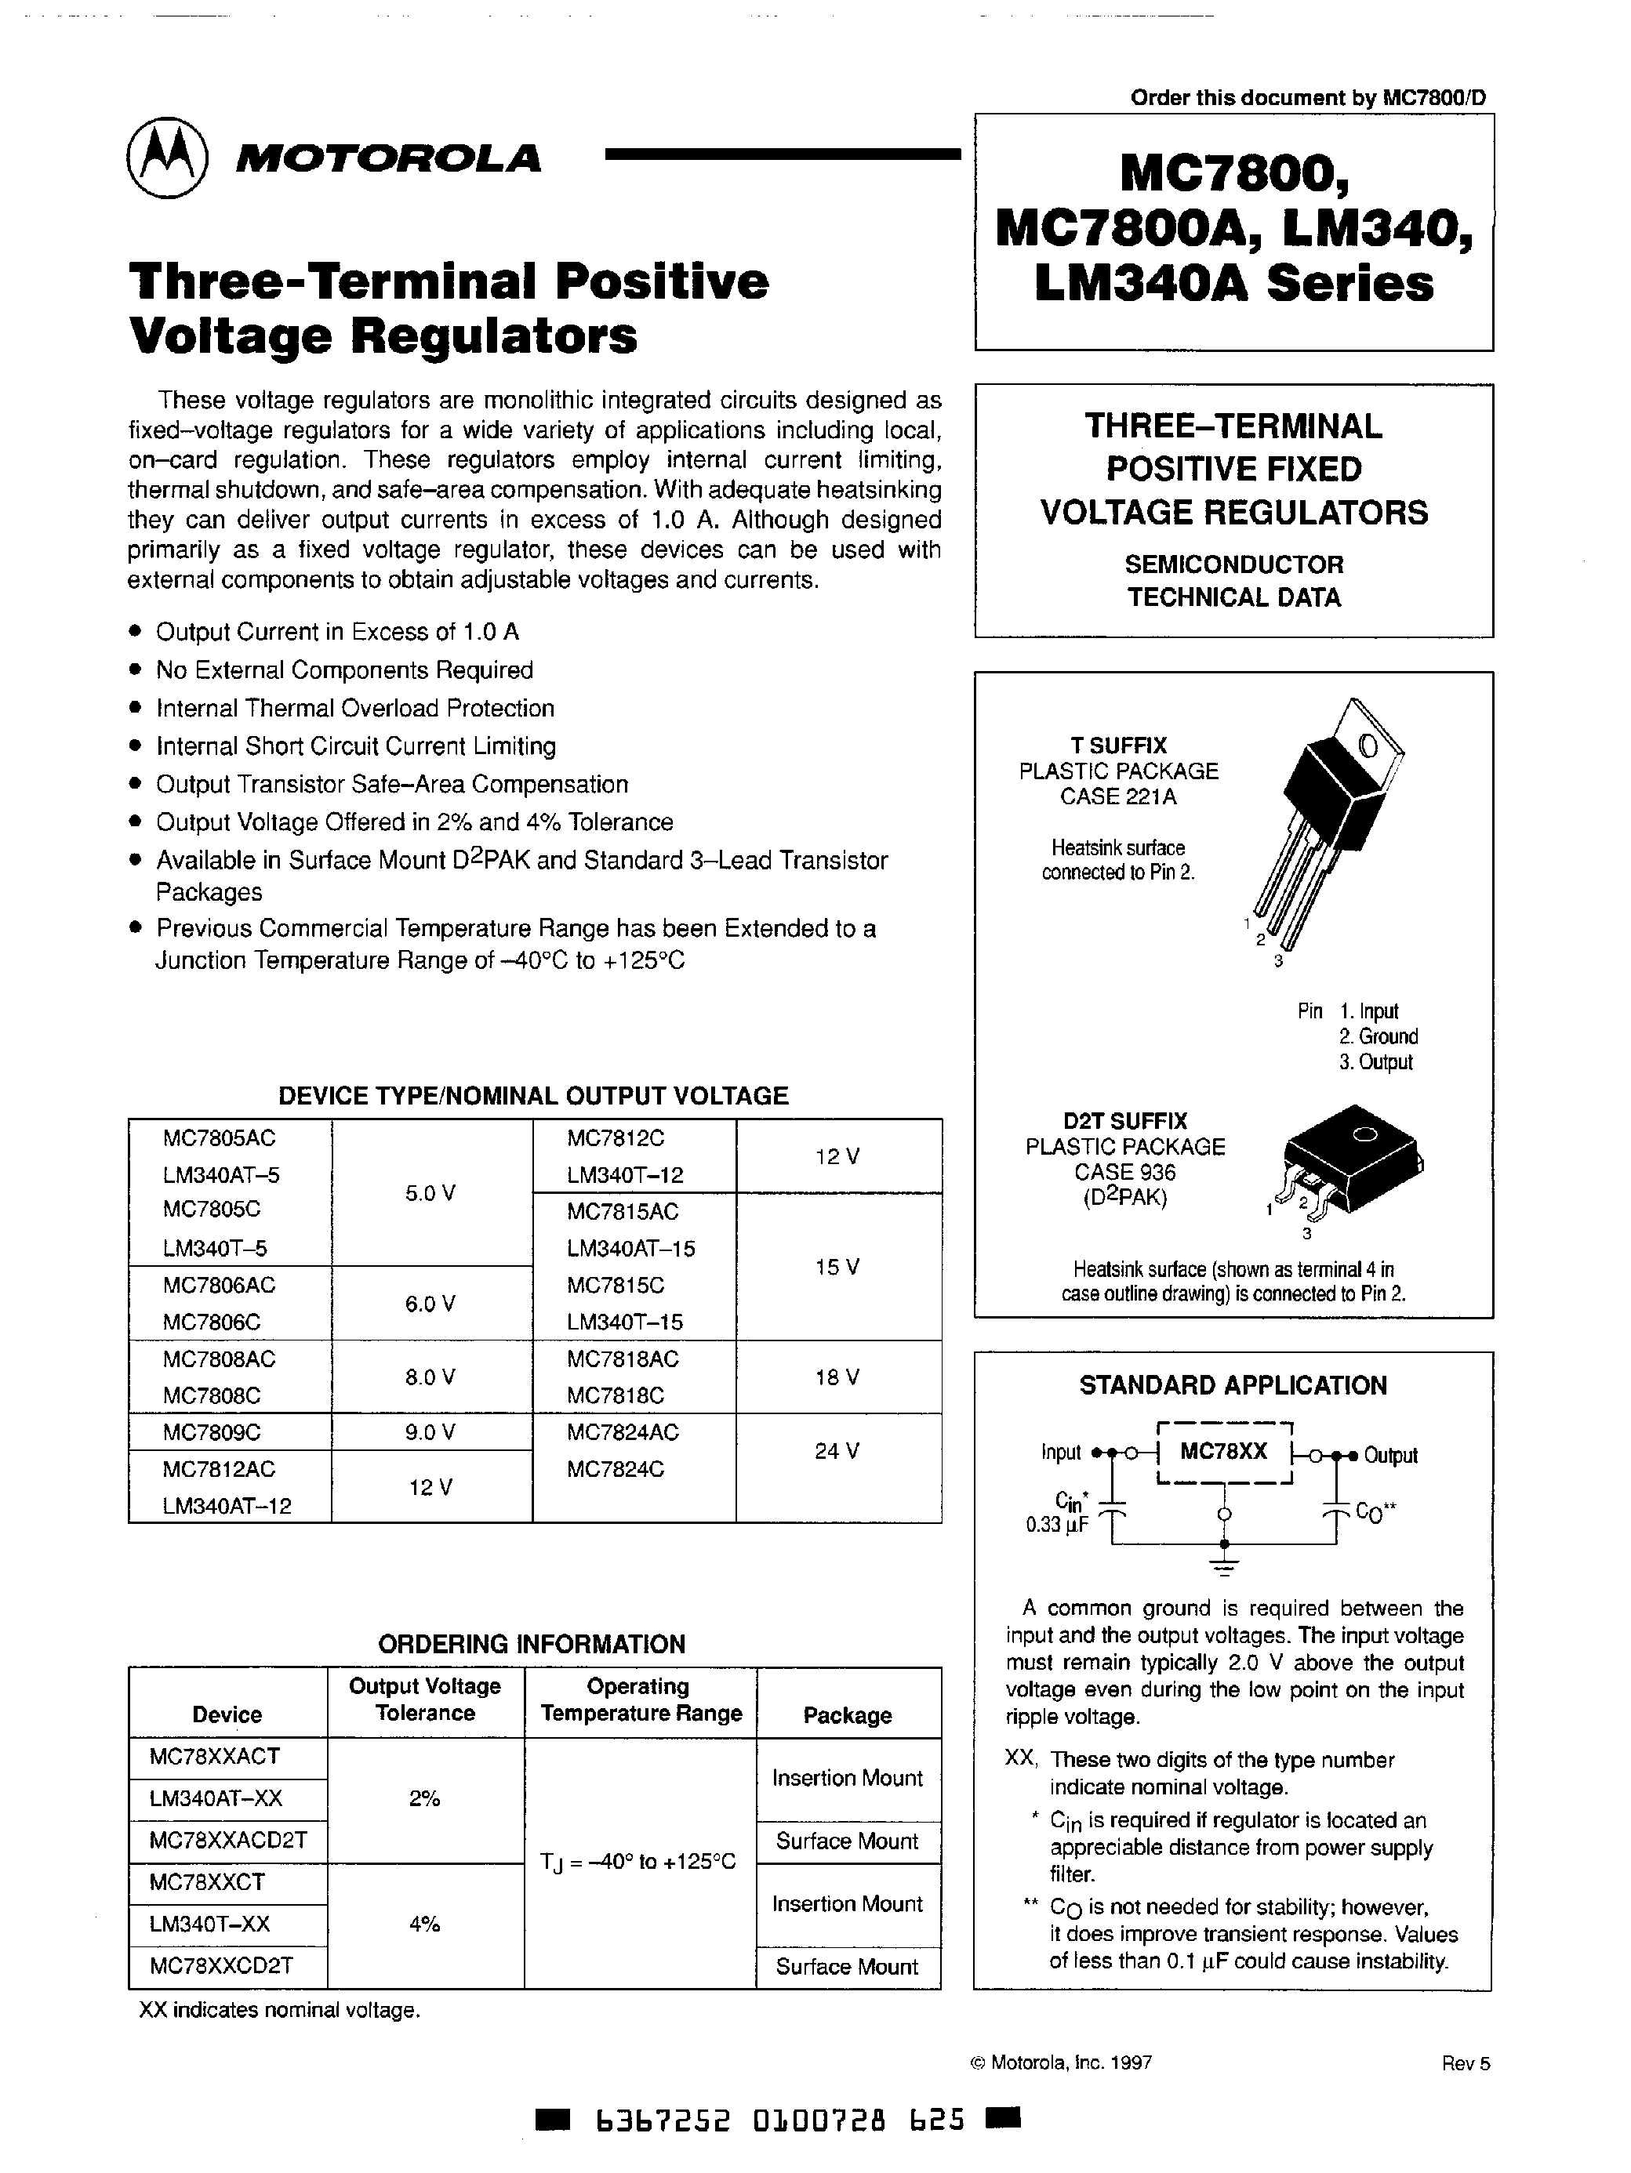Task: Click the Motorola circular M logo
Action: click(x=166, y=160)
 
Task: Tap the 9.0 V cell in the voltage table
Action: click(x=430, y=1432)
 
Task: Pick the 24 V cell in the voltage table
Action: click(x=837, y=1451)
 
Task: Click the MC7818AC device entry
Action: click(x=622, y=1359)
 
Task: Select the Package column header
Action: click(x=847, y=1715)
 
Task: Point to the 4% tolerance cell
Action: click(x=424, y=1925)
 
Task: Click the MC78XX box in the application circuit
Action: click(x=1223, y=1452)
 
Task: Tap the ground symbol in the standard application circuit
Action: click(x=1224, y=1566)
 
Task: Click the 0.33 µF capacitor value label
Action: click(x=1056, y=1525)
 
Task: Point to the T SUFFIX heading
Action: click(x=1118, y=745)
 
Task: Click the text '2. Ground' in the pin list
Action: click(x=1378, y=1036)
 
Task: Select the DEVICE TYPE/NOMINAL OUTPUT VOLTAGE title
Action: click(x=533, y=1097)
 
